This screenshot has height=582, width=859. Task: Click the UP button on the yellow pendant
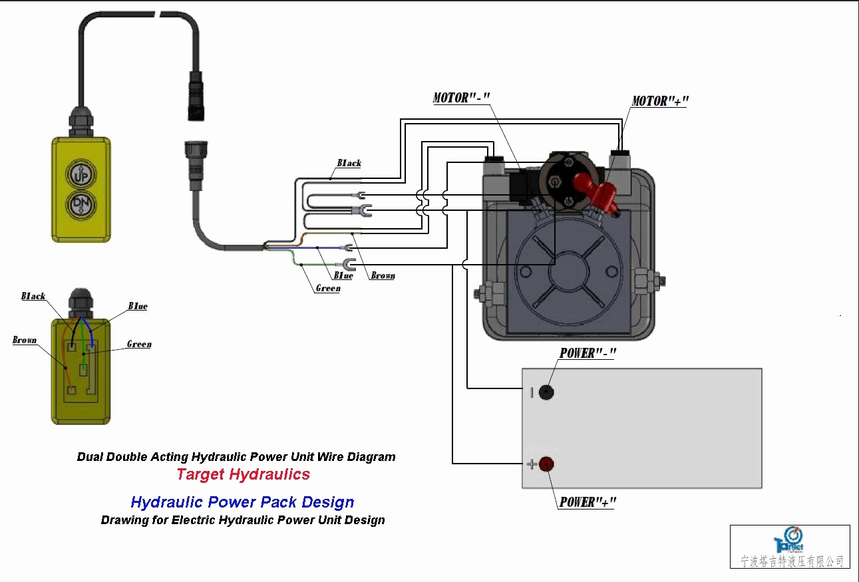click(79, 175)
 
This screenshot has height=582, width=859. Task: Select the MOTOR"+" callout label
click(659, 101)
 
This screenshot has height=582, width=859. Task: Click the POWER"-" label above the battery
click(588, 353)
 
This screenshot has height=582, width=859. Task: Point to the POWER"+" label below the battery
click(588, 502)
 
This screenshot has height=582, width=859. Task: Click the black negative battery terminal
click(546, 392)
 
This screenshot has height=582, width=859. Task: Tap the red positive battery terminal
click(547, 464)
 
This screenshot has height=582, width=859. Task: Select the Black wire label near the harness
click(349, 163)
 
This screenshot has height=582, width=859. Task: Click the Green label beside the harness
click(327, 289)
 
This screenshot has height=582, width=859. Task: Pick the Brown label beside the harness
click(383, 275)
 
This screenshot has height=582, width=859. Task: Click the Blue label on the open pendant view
click(138, 307)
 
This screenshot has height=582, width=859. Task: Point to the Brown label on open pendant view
click(25, 340)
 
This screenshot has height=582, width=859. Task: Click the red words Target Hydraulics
click(243, 474)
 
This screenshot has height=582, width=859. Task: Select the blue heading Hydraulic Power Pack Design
click(242, 502)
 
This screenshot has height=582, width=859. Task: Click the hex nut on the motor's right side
click(646, 281)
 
